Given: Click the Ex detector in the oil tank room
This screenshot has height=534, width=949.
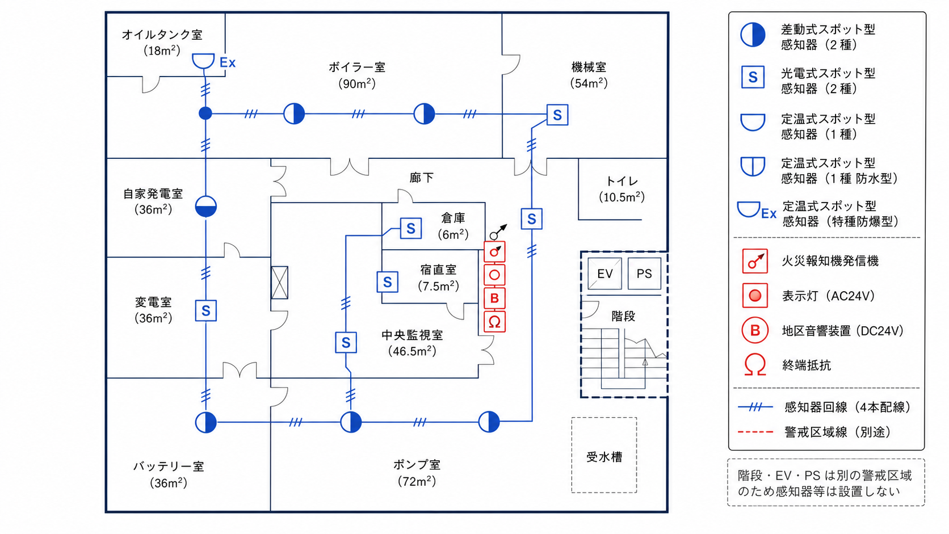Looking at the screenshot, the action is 203,61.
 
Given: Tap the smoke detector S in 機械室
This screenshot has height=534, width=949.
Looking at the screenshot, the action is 557,115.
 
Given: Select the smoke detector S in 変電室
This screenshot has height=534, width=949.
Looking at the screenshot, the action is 206,311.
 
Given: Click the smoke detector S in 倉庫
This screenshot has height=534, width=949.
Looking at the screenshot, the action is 410,229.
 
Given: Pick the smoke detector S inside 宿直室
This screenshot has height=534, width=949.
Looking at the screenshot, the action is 387,282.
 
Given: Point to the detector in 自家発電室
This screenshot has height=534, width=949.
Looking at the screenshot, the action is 206,207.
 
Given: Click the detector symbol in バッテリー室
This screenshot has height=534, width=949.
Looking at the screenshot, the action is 206,422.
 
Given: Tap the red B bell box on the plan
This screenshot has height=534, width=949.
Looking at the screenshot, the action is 494,298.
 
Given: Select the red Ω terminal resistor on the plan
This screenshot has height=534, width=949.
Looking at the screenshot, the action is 494,321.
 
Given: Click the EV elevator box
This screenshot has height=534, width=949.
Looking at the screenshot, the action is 604,274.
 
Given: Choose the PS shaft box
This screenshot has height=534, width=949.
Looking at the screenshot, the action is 644,274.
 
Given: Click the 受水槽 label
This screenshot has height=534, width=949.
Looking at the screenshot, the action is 604,457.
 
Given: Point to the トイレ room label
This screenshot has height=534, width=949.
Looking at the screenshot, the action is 622,181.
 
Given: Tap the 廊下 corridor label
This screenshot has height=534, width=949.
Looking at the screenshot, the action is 421,178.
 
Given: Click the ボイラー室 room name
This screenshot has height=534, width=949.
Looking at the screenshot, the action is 356,68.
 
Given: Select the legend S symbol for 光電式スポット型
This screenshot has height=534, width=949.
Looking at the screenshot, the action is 753,77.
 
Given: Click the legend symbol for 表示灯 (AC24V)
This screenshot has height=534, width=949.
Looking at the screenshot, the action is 755,296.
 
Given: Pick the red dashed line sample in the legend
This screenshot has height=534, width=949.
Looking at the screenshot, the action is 755,432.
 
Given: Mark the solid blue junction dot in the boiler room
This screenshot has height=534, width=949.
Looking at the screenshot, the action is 205,113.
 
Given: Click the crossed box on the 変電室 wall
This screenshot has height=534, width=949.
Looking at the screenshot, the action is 280,283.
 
